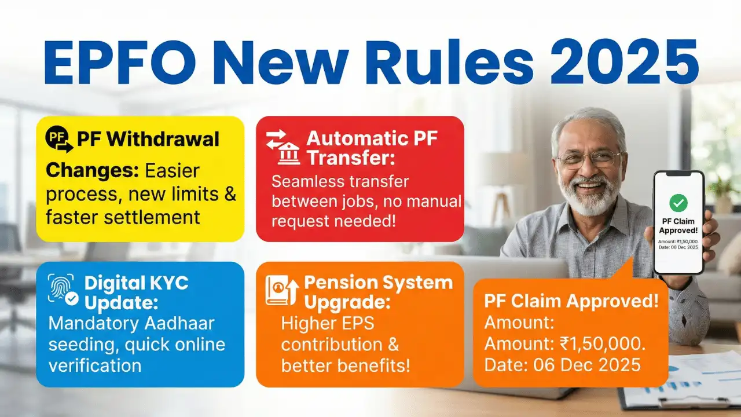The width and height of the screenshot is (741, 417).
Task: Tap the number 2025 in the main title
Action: pos(625,63)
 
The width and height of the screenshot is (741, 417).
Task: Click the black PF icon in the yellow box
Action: pos(59,139)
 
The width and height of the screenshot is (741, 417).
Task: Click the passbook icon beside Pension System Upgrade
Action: pos(282,290)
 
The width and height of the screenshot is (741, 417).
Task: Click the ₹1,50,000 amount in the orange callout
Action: pos(603,344)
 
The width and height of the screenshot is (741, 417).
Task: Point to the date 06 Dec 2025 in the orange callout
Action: pos(587,365)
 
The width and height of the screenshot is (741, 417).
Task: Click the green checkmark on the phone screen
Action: pos(678,203)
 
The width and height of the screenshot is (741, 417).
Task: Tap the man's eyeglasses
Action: pos(589,159)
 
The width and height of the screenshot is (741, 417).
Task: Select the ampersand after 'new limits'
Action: pos(230,194)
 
